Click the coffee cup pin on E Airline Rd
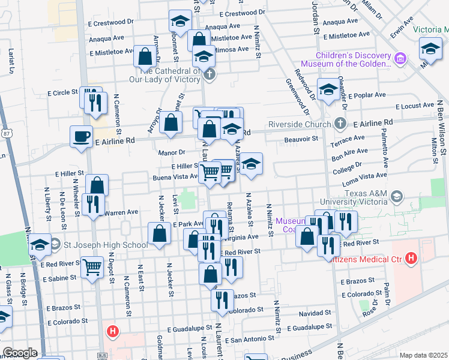(81, 136)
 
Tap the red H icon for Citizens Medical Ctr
(411, 259)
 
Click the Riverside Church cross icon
(340, 124)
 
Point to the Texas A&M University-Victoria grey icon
(396, 196)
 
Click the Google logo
(19, 352)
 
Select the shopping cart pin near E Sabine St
(91, 266)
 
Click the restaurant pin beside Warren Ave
(92, 205)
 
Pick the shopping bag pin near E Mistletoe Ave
(145, 56)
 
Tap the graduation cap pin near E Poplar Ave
(328, 89)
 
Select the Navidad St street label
(315, 314)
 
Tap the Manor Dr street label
(172, 153)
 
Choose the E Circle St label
(63, 94)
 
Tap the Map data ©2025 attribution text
(423, 355)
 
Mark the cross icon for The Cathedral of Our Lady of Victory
(209, 74)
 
